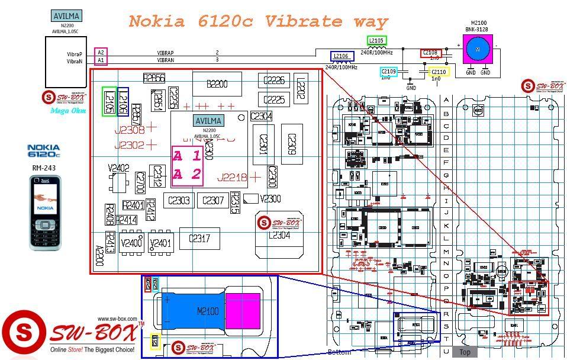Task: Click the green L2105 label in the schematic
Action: (x=376, y=40)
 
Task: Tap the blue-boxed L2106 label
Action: (x=342, y=56)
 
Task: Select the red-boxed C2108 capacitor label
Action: (x=431, y=53)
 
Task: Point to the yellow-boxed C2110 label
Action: (x=439, y=72)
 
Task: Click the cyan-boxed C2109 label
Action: (x=388, y=72)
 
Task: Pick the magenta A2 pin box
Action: (x=101, y=53)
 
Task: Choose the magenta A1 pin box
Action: (x=101, y=60)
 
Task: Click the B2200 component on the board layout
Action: (x=217, y=85)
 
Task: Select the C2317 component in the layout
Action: (x=199, y=239)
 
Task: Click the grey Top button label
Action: (x=465, y=352)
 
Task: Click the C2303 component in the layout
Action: (x=179, y=201)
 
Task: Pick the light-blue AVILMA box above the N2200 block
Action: (x=66, y=16)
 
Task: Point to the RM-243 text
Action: (x=44, y=168)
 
